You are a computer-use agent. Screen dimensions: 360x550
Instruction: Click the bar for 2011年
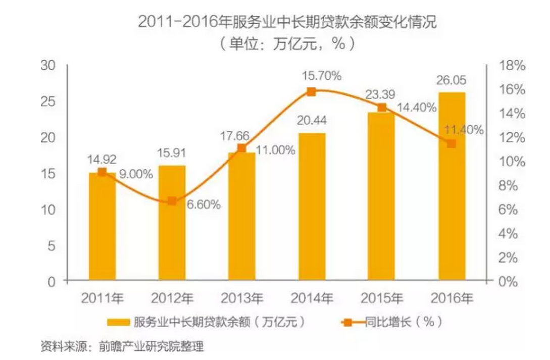tap(102, 227)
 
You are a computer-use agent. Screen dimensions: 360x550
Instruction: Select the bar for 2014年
tap(312, 207)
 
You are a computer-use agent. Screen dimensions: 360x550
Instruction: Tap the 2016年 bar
tap(452, 187)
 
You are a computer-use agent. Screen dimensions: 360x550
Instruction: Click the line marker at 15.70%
tap(312, 91)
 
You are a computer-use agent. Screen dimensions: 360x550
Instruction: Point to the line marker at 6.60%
tap(172, 201)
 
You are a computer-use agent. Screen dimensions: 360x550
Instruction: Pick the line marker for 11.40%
tap(452, 144)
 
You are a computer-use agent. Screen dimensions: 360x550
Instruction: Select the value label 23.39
tap(381, 94)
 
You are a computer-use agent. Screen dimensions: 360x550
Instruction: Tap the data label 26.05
tap(452, 80)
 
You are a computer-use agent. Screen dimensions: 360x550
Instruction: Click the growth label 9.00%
tap(136, 175)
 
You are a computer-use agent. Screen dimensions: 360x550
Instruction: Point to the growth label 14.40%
tap(417, 108)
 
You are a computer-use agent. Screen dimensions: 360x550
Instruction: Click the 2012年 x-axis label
tap(172, 298)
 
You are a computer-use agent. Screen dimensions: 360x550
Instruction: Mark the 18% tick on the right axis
tap(513, 66)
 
